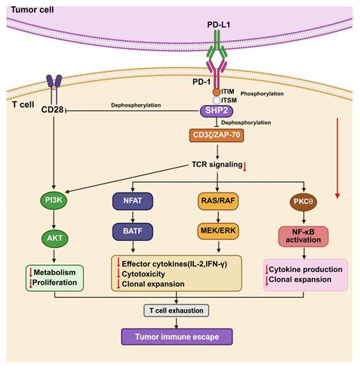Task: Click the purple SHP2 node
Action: coord(217,111)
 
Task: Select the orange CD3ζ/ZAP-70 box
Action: coord(217,135)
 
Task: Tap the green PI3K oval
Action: coord(54,200)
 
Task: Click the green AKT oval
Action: coord(54,238)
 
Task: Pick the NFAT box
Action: coord(133,201)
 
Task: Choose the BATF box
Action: coord(133,231)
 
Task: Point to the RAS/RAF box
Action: coord(218,201)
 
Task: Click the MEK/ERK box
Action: coord(218,230)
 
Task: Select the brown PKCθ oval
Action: coord(303,202)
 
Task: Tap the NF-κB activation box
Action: coord(303,237)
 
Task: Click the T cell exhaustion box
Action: coord(176,311)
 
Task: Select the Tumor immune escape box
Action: coord(177,337)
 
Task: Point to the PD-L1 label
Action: coord(218,24)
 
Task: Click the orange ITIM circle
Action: coord(217,92)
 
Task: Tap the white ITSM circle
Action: coord(217,100)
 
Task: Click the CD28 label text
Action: coord(52,110)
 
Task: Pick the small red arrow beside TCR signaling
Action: coord(245,167)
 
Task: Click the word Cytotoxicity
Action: coord(143,274)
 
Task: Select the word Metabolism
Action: coord(54,272)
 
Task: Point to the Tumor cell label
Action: coord(32,10)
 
